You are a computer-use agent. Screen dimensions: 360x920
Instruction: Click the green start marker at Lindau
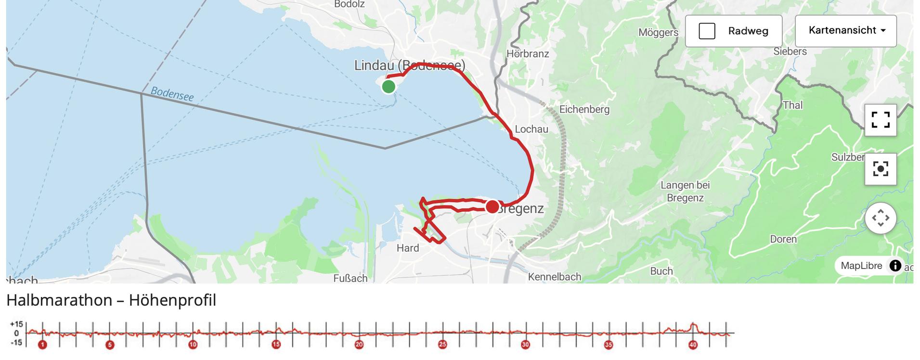[389, 87]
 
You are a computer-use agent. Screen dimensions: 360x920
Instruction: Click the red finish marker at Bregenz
[492, 207]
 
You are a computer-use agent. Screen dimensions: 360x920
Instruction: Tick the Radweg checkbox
[707, 31]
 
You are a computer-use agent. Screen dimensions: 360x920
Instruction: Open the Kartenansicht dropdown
[845, 31]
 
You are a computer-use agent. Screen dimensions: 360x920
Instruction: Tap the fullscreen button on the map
[880, 120]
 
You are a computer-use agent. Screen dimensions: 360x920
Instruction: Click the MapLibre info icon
[895, 266]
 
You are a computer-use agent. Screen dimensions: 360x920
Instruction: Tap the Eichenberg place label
[584, 110]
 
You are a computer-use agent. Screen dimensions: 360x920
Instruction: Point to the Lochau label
[531, 129]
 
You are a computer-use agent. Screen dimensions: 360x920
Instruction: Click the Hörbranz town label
[528, 54]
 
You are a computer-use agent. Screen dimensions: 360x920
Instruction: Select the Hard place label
[407, 248]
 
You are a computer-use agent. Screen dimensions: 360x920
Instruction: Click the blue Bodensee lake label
[172, 94]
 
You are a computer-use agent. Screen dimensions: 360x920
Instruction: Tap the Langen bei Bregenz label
[685, 192]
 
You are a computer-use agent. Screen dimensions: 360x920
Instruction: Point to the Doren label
[783, 239]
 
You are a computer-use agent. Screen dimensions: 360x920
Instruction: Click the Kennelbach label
[555, 277]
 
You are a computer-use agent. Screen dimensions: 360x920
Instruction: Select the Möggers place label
[658, 33]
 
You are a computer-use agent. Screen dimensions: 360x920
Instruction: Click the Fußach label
[350, 278]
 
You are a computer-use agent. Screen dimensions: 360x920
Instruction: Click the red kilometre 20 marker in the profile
[359, 345]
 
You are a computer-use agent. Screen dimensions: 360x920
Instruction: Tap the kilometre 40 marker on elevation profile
[693, 345]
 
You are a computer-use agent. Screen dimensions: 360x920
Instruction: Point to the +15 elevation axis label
[16, 324]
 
